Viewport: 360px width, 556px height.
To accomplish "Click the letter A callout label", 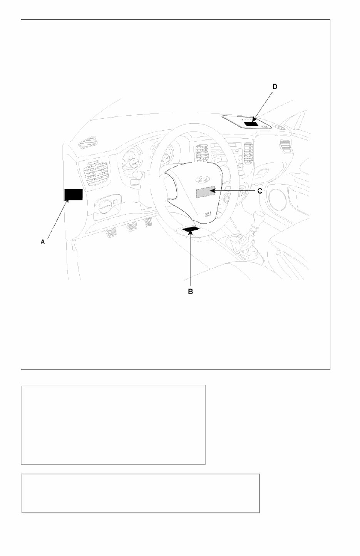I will pos(43,242).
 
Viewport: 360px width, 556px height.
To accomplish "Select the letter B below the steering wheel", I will pos(190,292).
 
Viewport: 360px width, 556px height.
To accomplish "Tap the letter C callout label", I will pos(260,191).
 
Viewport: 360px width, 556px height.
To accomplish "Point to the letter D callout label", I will pos(275,87).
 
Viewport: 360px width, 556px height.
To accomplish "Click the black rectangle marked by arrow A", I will pos(74,195).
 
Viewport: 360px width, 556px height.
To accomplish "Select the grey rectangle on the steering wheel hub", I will pos(206,192).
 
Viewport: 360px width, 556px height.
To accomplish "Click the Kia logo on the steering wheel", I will pos(202,179).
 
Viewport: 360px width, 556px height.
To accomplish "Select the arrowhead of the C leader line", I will pos(213,191).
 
